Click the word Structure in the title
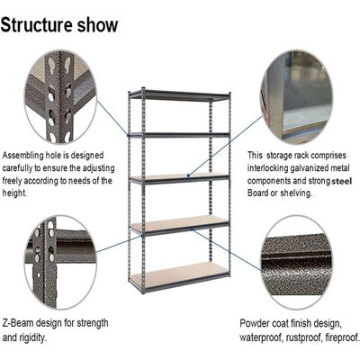coord(37,24)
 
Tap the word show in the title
coord(98,24)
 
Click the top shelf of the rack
coord(179,95)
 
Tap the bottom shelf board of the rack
coord(179,274)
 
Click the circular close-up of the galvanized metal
coord(296,97)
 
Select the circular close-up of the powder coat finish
coord(296,263)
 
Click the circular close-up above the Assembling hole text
coord(60,98)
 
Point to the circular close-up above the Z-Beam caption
coord(60,262)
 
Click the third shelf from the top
coord(179,178)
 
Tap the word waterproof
coord(261,337)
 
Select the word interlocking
coord(267,168)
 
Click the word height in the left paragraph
coord(14,193)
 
